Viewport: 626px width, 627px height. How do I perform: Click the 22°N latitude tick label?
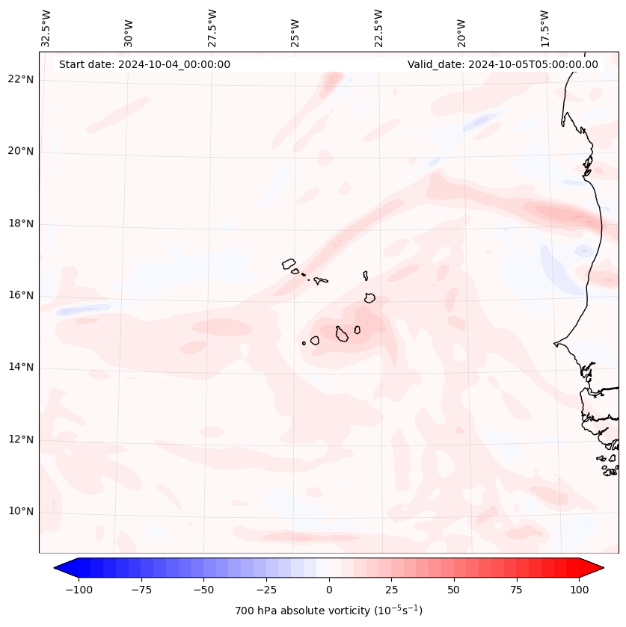pyautogui.click(x=20, y=79)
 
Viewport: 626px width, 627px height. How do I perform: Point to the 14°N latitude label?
pyautogui.click(x=20, y=367)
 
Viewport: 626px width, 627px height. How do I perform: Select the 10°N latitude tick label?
pyautogui.click(x=20, y=512)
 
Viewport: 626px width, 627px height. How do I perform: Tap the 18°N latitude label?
pyautogui.click(x=20, y=223)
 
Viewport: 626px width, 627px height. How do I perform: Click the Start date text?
pyautogui.click(x=144, y=64)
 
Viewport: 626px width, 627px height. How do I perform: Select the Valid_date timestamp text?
pyautogui.click(x=503, y=64)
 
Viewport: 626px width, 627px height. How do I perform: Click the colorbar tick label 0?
pyautogui.click(x=328, y=590)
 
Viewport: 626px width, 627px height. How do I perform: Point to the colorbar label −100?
pyautogui.click(x=79, y=590)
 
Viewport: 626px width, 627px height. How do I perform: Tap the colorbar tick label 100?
pyautogui.click(x=579, y=590)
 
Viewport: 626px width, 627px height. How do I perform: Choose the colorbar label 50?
pyautogui.click(x=454, y=590)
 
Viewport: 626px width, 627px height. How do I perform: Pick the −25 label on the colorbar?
pyautogui.click(x=265, y=590)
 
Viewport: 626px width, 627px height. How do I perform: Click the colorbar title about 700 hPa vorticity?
pyautogui.click(x=328, y=611)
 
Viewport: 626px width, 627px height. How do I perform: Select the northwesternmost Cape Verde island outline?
pyautogui.click(x=289, y=263)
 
